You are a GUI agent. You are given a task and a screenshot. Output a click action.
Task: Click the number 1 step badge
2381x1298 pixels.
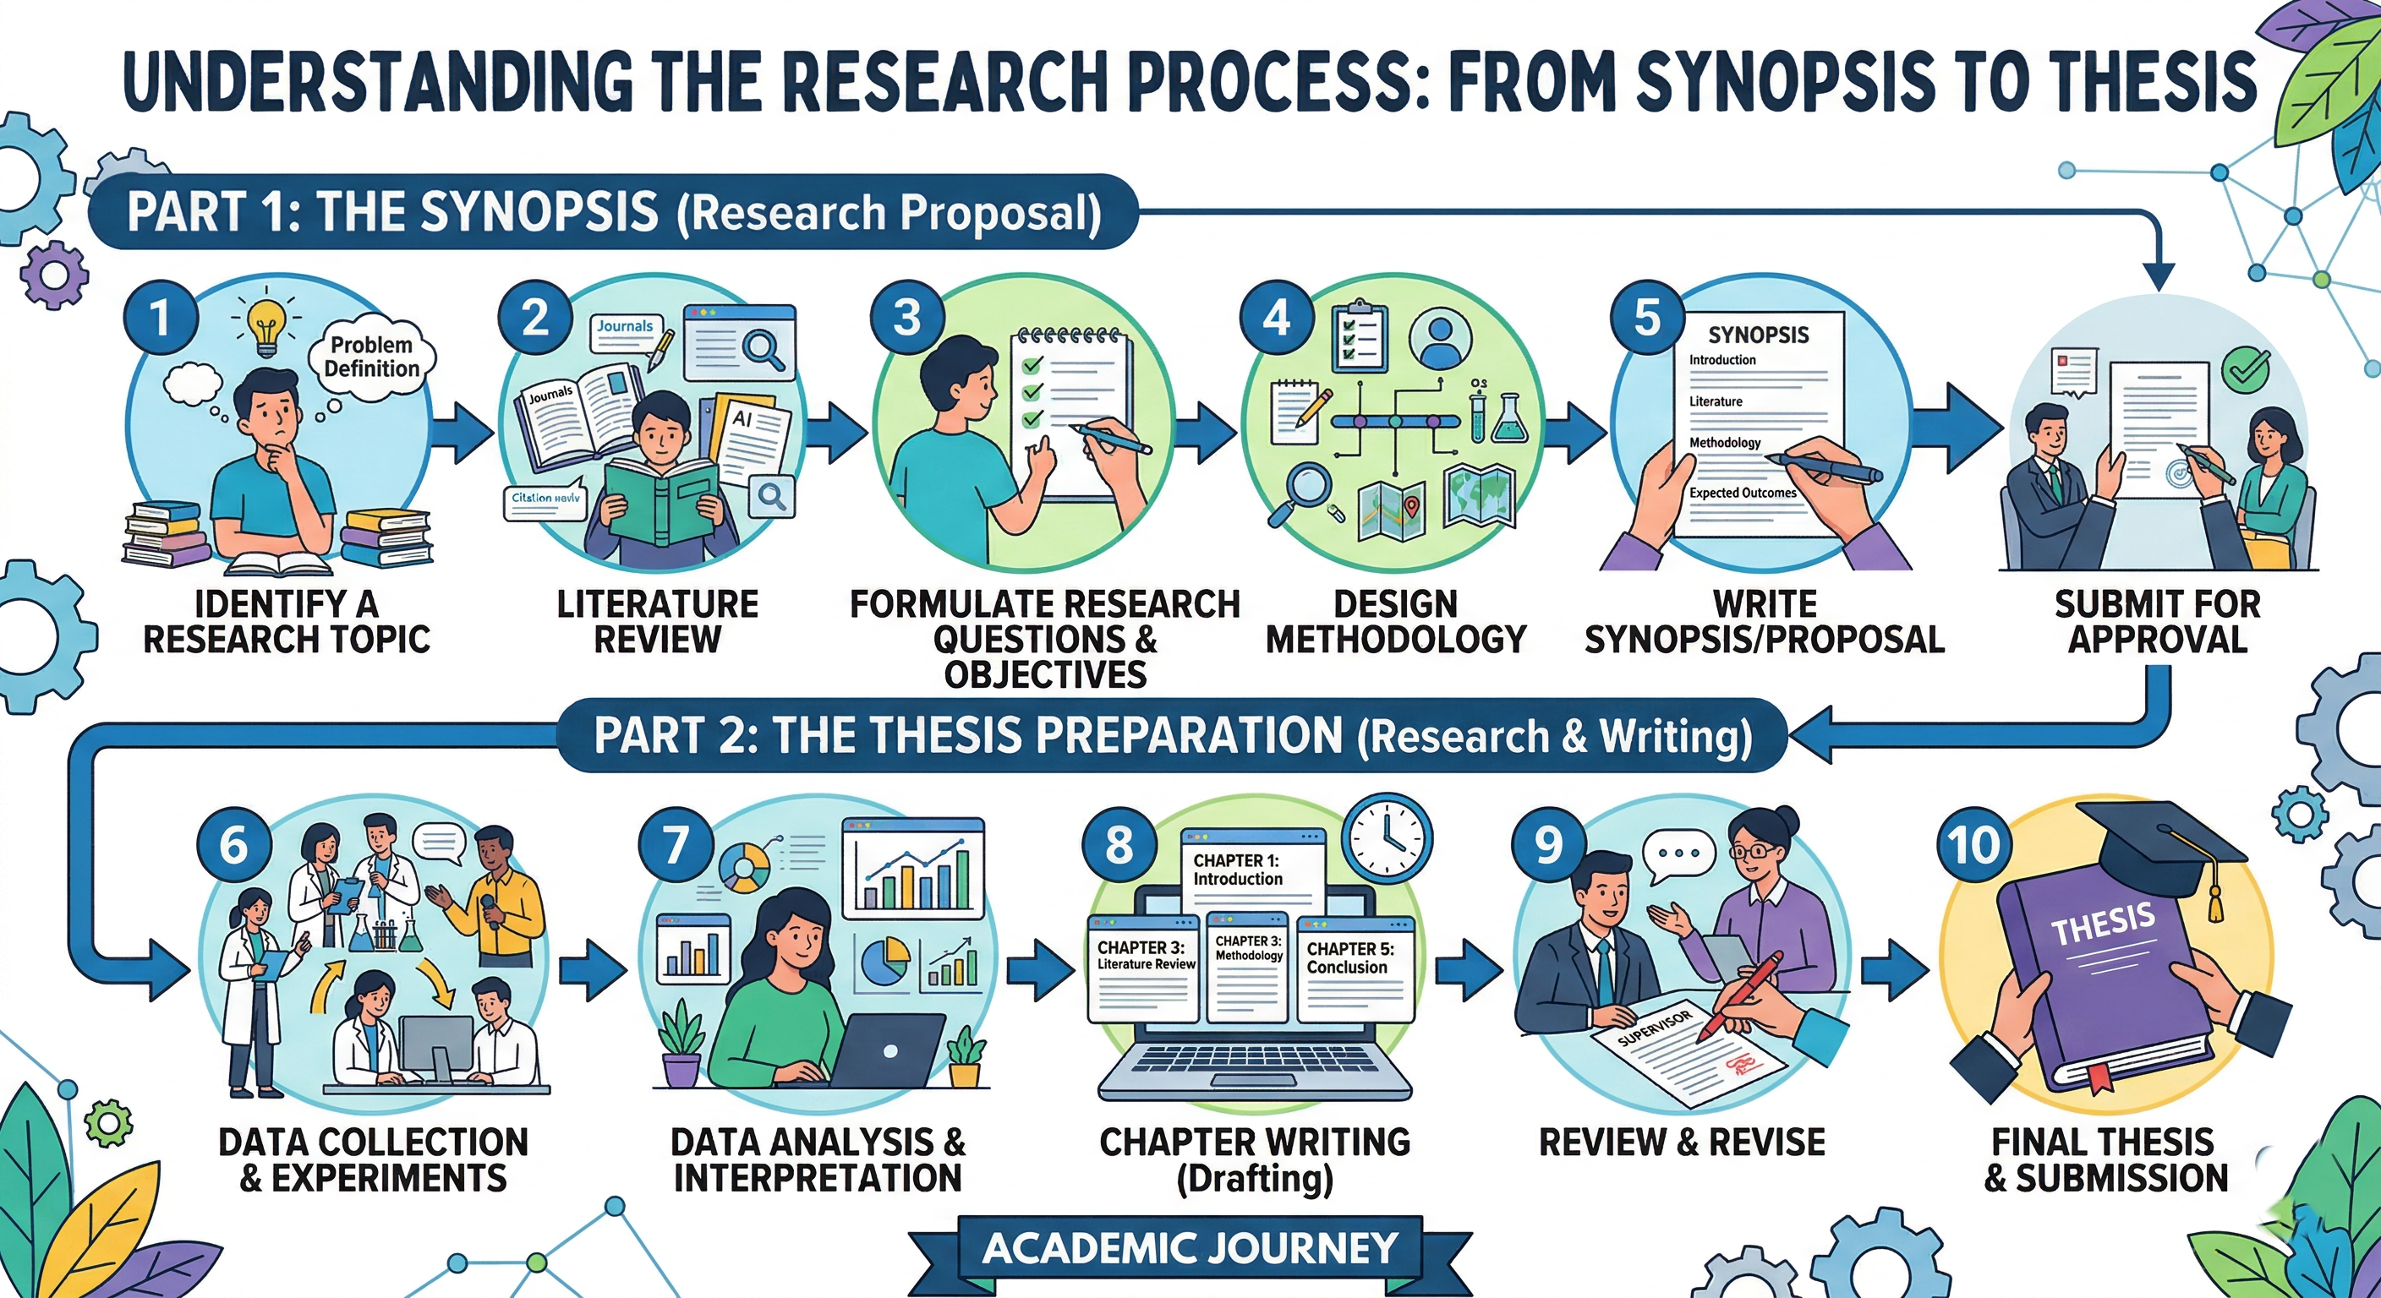[161, 318]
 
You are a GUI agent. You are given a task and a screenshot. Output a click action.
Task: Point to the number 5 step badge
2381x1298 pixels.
[1647, 318]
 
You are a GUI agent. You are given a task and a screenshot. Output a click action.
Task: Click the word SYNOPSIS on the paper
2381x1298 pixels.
[1758, 335]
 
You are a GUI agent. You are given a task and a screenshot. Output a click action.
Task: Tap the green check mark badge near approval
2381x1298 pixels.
[2244, 369]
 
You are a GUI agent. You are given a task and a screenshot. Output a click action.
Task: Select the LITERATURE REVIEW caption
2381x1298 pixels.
[657, 622]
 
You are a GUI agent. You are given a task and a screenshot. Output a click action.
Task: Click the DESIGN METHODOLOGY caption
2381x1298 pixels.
[1396, 622]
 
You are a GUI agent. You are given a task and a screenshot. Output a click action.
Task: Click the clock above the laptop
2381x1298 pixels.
[1388, 839]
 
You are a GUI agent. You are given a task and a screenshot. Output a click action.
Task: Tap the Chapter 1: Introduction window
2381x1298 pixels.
[1252, 870]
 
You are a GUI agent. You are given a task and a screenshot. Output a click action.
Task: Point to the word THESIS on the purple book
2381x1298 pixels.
[2104, 923]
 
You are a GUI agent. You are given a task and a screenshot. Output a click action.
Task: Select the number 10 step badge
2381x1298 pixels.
[1974, 844]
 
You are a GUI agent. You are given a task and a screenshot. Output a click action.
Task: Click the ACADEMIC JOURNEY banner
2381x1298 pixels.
[1190, 1248]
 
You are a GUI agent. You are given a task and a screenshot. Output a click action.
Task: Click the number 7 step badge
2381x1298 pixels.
[676, 844]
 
